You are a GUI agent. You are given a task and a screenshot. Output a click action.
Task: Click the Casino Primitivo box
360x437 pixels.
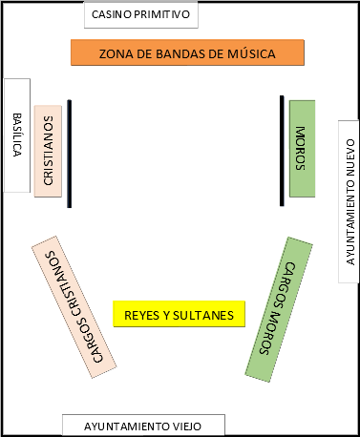pos(141,15)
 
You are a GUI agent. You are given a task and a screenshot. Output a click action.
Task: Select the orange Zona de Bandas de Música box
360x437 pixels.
pos(187,53)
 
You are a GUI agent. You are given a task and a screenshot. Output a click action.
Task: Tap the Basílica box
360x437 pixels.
pos(17,135)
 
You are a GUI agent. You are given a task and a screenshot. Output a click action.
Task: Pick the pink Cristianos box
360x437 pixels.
pos(48,150)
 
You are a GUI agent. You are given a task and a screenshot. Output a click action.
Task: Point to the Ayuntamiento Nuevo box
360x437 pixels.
pos(349,200)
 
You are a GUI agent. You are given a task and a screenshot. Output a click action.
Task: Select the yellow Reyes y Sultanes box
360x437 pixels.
pos(180,314)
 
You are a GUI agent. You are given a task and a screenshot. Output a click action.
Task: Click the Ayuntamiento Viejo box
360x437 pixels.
pos(143,426)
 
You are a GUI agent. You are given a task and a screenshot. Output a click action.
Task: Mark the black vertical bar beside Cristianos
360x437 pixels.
pos(70,153)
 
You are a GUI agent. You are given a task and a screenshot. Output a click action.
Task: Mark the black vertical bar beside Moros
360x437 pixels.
pos(282,150)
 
